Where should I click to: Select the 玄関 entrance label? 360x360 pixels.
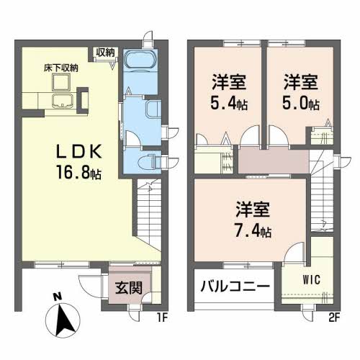129,287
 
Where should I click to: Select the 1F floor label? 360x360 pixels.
163,315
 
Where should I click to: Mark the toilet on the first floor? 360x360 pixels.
149,160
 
